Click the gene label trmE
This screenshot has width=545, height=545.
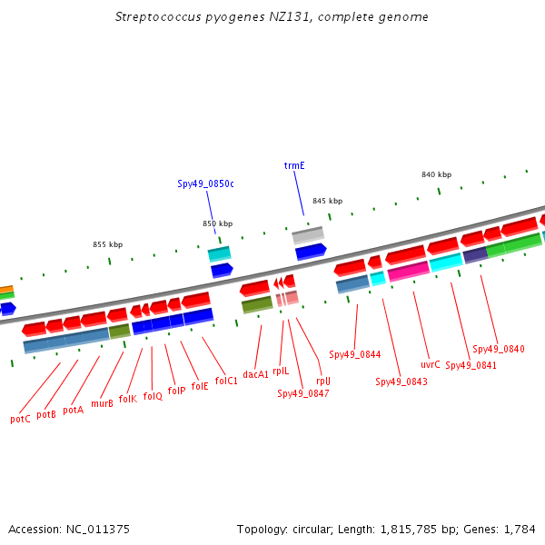tap(294, 165)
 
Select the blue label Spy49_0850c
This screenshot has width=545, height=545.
tap(205, 183)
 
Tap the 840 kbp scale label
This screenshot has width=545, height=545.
tap(437, 174)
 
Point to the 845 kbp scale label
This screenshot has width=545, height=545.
tap(327, 201)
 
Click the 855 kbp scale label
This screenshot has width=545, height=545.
tap(108, 244)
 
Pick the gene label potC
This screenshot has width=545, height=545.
tap(20, 419)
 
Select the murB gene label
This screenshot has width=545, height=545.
tap(102, 403)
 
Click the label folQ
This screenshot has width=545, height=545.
tap(153, 396)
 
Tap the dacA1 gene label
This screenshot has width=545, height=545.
tap(255, 374)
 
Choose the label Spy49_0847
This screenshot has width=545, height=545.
tap(303, 394)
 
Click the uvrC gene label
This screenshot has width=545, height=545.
tap(431, 364)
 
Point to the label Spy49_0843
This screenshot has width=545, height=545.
tap(401, 382)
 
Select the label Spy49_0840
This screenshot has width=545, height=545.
tap(499, 349)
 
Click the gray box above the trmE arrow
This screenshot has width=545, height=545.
tap(308, 235)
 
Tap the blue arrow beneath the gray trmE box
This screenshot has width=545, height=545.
tap(311, 252)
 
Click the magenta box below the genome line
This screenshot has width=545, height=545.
tap(409, 271)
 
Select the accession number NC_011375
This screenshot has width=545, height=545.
tap(98, 530)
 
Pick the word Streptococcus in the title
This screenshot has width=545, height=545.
tap(158, 17)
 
